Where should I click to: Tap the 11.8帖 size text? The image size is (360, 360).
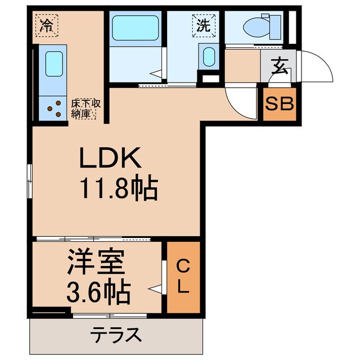tap(118, 190)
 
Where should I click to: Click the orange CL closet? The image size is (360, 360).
tap(183, 276)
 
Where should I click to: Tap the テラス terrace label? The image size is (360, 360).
tap(115, 335)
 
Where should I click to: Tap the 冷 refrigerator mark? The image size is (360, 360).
tap(46, 25)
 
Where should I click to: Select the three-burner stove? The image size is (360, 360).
tap(55, 107)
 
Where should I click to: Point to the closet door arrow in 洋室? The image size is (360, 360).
tap(156, 289)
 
